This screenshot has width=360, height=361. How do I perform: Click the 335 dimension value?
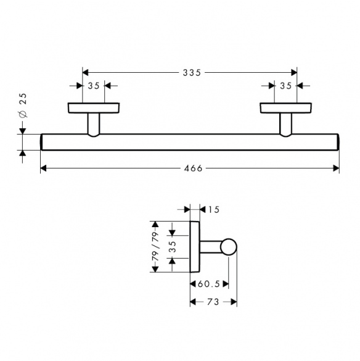(x=192, y=73)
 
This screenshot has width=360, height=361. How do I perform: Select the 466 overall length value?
(x=193, y=168)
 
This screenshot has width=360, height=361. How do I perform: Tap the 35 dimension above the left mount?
(x=94, y=86)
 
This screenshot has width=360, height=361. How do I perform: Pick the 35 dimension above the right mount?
(x=285, y=86)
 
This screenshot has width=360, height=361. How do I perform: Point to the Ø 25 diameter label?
(x=23, y=106)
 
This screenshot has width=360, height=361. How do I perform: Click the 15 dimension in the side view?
(x=214, y=210)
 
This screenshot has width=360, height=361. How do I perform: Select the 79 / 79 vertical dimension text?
(x=156, y=246)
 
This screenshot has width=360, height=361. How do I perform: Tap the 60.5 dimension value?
(x=209, y=284)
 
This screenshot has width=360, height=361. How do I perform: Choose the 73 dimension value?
(x=213, y=302)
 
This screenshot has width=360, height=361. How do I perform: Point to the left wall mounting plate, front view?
(x=94, y=108)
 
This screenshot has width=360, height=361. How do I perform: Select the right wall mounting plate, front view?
(x=285, y=108)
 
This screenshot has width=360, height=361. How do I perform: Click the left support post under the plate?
(x=94, y=125)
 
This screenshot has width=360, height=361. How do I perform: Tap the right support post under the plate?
(x=285, y=125)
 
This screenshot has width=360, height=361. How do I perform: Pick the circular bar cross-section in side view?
(x=229, y=247)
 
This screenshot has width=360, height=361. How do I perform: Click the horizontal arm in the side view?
(x=211, y=247)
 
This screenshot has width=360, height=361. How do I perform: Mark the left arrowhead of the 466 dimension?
(x=44, y=168)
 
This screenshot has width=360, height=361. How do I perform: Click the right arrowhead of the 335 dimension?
(x=294, y=73)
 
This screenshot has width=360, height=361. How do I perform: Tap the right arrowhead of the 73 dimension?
(x=234, y=302)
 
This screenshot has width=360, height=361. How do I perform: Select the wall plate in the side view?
(x=195, y=247)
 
